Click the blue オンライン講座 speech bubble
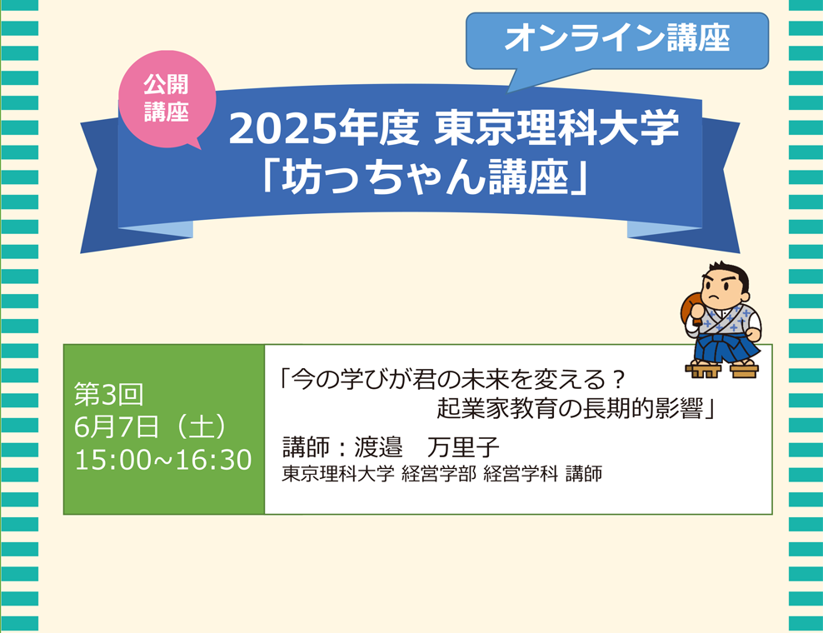point(616,41)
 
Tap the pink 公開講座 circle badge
point(167,98)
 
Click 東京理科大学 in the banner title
point(556,128)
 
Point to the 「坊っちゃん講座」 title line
point(425,177)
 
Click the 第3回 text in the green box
point(108,394)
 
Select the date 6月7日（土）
point(151,426)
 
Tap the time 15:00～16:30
point(163,460)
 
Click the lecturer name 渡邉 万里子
point(426,447)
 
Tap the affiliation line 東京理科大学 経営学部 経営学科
point(419,473)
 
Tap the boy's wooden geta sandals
point(722,369)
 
